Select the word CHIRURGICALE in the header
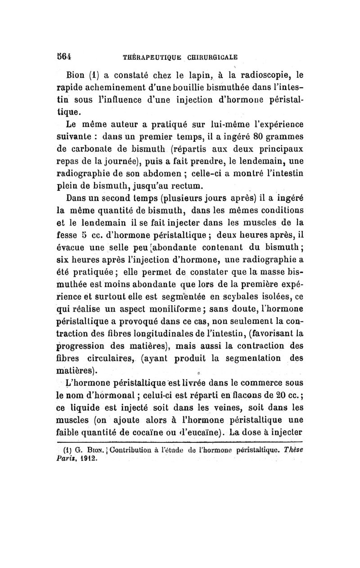(x=209, y=57)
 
